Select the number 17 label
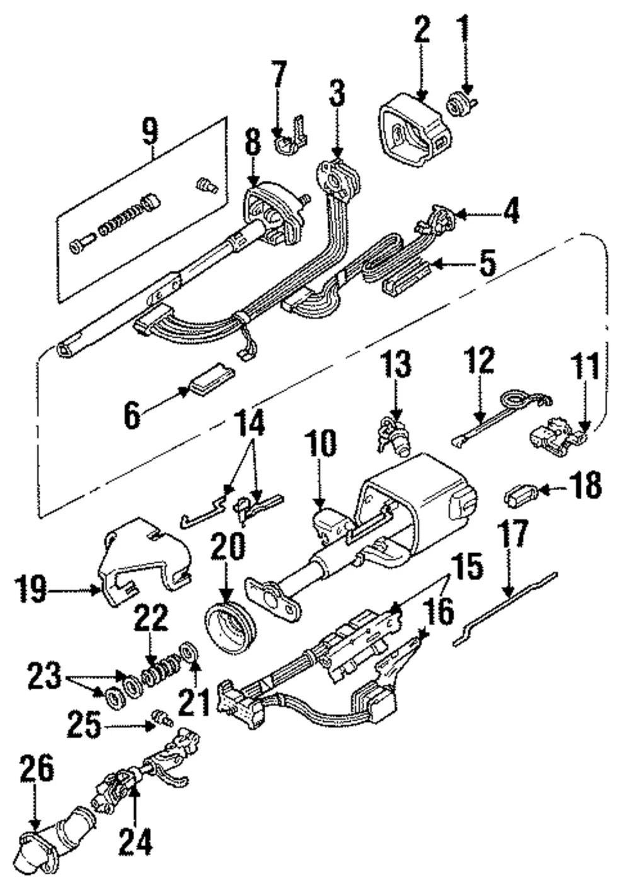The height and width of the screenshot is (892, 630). pos(513,533)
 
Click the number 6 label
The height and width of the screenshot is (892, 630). pos(132,415)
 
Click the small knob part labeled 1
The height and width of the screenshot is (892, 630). pos(462,102)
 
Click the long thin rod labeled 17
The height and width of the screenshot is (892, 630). pos(505,609)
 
